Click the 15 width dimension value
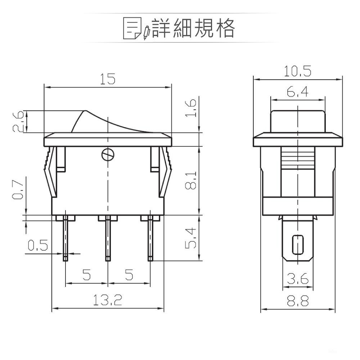pos(108,79)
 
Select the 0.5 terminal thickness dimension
pos(38,246)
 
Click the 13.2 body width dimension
pos(108,300)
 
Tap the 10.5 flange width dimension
pos(297,71)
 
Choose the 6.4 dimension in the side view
pos(298,93)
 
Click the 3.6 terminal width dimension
pos(298,279)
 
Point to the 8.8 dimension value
pos(298,301)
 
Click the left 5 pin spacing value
pos(86,275)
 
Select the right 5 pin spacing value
pos(129,275)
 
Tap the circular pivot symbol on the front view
pos(108,154)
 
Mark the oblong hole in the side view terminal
pos(297,244)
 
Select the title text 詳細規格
pos(193,28)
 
